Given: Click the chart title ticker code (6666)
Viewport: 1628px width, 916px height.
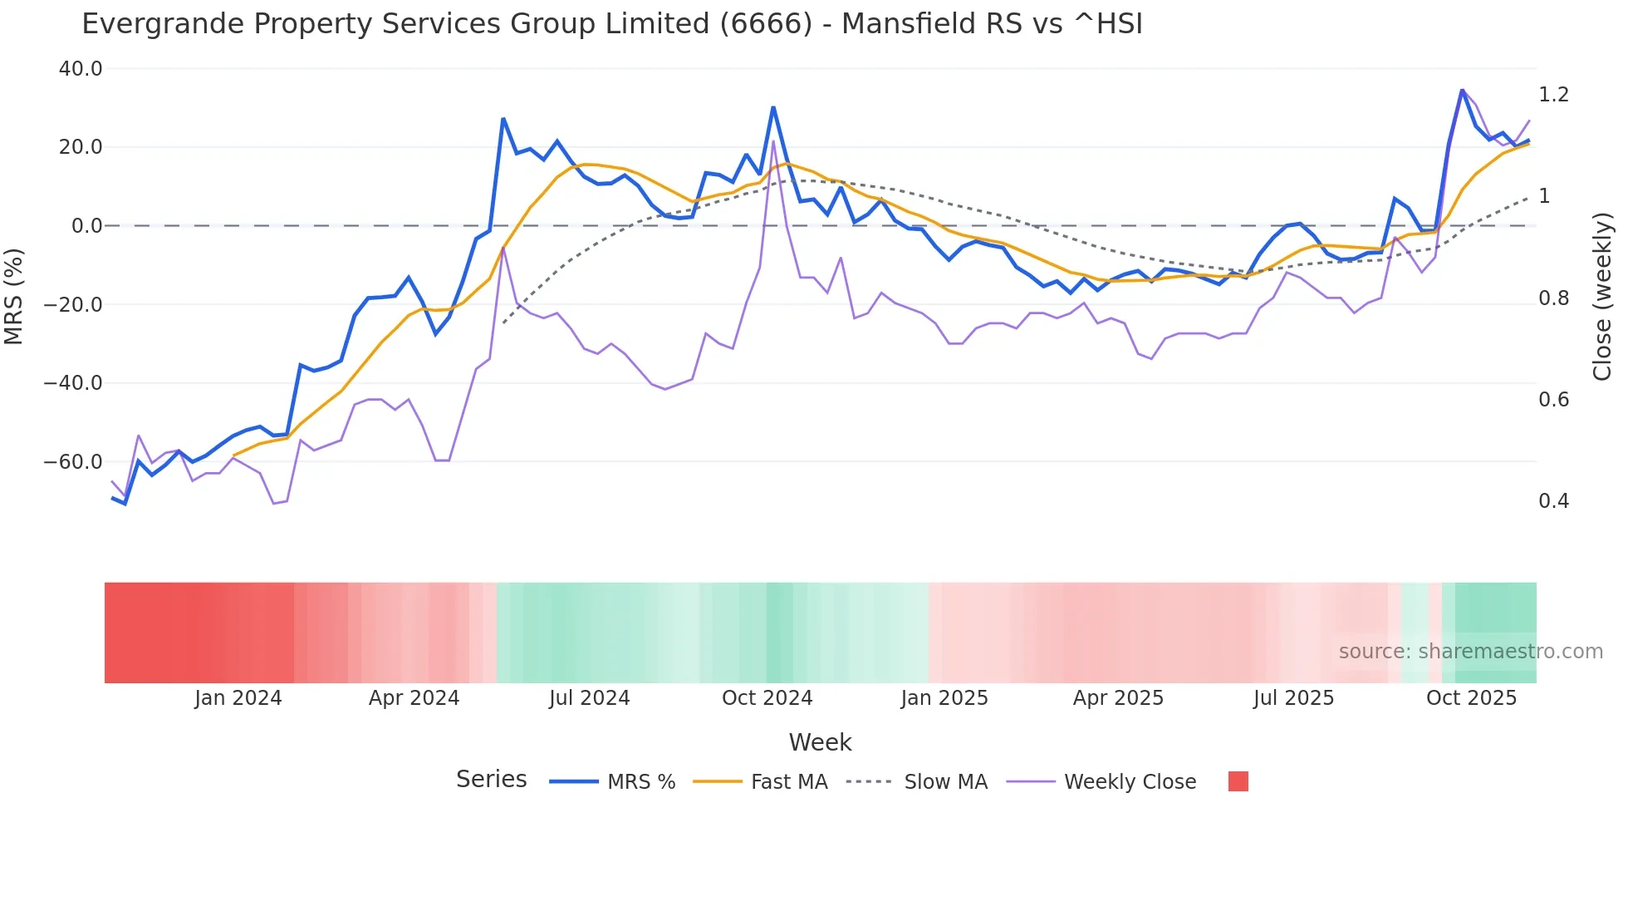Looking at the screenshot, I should tap(765, 24).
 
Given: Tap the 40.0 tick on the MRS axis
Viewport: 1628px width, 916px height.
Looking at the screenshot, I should tap(81, 69).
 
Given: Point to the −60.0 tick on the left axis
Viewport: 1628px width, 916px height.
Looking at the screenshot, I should tap(73, 462).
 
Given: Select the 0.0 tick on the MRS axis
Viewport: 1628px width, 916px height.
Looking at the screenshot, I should tap(86, 226).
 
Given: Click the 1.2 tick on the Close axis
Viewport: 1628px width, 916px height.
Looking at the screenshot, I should tap(1553, 95).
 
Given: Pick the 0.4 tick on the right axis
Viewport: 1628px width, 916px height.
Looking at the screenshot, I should tap(1553, 501).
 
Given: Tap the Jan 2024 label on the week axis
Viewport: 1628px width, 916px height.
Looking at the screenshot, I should tap(238, 698).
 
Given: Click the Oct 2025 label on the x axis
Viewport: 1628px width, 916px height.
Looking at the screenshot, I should tap(1471, 698).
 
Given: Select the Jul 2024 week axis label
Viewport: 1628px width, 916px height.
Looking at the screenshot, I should tap(589, 698).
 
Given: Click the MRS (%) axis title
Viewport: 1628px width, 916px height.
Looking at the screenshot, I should tap(14, 296).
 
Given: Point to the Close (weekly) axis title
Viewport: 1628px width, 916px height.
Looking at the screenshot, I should tap(1602, 297).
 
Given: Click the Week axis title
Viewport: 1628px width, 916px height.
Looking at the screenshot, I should tap(820, 742).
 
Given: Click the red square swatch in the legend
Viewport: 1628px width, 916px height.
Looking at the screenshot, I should tap(1238, 781).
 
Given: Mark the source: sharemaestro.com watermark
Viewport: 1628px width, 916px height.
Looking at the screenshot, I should tap(1470, 652).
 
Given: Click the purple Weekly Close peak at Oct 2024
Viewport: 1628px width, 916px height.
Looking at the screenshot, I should tap(773, 141).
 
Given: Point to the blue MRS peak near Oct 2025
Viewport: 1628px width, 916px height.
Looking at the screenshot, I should tap(1462, 90).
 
